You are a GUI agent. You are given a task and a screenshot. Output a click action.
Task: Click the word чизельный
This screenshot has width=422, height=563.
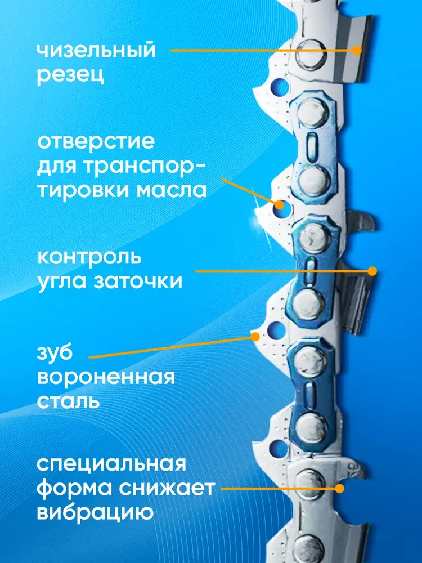[x=97, y=51]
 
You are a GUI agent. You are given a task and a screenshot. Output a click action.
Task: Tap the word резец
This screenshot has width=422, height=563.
[x=71, y=74]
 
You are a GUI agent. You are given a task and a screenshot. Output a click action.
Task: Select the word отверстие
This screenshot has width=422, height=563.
[x=96, y=141]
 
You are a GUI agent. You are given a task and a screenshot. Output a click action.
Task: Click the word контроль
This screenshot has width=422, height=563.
[x=89, y=257]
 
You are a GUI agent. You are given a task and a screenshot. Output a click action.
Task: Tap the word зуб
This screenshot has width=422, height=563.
[x=55, y=354]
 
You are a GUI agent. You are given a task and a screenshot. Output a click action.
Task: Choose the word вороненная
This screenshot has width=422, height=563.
[x=106, y=377]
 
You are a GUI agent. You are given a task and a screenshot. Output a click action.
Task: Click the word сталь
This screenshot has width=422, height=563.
[x=68, y=401]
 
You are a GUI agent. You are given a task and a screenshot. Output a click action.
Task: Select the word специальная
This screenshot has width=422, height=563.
[x=111, y=465]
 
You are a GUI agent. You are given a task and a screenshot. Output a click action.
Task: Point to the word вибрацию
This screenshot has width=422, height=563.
[x=96, y=512]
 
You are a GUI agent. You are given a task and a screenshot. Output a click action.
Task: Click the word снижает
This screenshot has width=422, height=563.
[x=167, y=488]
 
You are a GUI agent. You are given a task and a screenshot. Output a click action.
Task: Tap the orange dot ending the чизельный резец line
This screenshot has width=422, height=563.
[x=356, y=50]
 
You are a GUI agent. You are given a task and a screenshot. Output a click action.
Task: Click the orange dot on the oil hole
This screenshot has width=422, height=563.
[x=279, y=205]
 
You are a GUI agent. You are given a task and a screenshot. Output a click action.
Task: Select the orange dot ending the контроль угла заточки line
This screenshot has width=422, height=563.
[x=372, y=271]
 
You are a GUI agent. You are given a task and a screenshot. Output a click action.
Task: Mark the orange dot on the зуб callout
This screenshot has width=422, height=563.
[x=255, y=337]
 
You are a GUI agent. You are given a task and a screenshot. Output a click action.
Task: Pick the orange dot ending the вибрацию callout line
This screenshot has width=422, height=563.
[x=339, y=488]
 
